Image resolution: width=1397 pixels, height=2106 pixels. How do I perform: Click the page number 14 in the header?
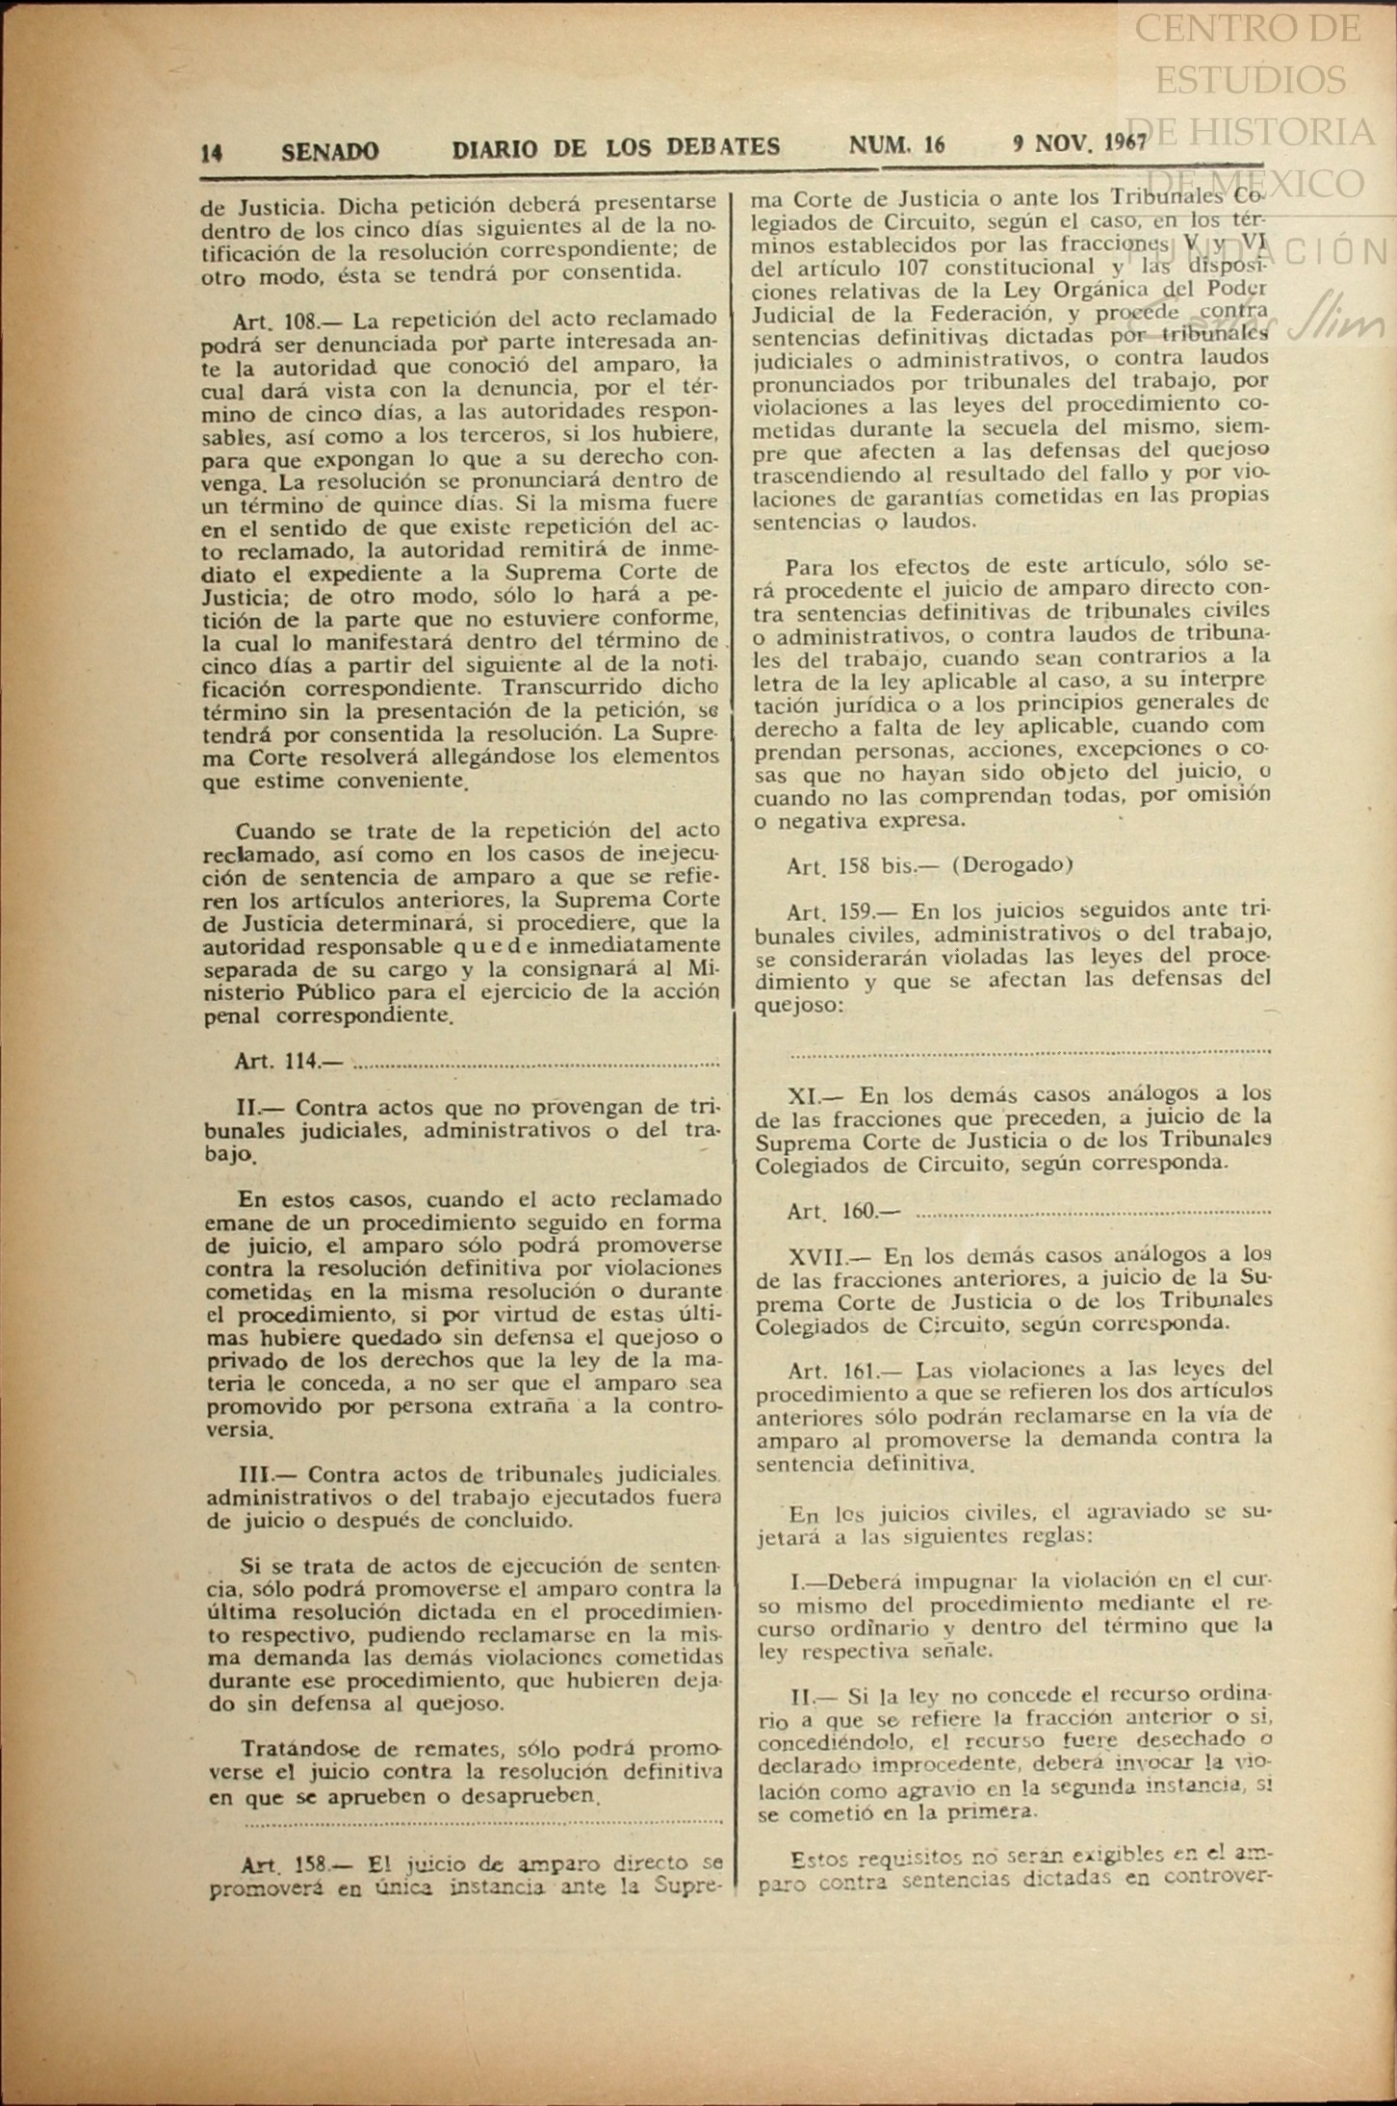(212, 152)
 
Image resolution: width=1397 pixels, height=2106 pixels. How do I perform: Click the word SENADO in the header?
(330, 151)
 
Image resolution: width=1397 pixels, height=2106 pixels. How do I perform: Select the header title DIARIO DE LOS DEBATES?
(616, 148)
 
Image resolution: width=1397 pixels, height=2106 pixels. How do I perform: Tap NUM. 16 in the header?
(896, 145)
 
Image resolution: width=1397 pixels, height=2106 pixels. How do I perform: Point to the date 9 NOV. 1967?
(1079, 143)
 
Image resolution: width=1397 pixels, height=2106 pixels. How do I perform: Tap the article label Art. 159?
(830, 912)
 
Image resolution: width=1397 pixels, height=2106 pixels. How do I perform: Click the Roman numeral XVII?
(816, 1257)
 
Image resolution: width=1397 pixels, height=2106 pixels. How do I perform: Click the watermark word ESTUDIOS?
(1250, 80)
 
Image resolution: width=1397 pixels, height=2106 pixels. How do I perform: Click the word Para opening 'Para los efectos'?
(809, 567)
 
